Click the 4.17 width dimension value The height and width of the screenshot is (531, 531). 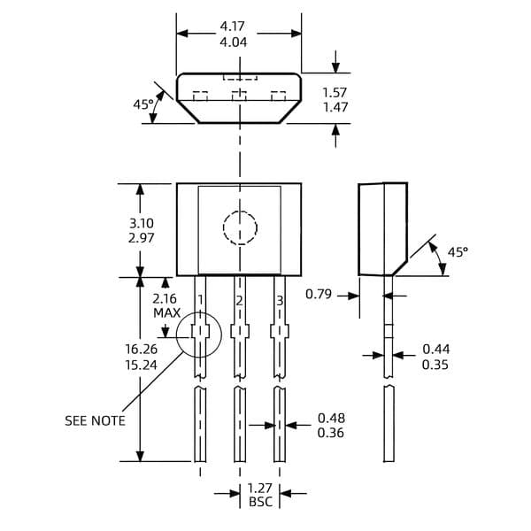pos(232,26)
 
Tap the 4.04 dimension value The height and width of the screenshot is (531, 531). pos(234,42)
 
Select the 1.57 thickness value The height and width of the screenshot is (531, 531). pos(335,92)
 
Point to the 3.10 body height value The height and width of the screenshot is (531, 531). pos(142,223)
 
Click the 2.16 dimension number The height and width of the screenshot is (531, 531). pos(165,299)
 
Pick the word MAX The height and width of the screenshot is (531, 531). pos(166,313)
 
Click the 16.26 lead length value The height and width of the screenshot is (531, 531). pos(142,349)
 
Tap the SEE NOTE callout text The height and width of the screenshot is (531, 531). pos(95,421)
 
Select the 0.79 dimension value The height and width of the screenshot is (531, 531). pos(319,294)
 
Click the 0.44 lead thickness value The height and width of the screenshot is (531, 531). pos(436,350)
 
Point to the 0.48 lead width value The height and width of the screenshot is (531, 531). pos(332,419)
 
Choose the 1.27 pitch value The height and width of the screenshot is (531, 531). pos(259,489)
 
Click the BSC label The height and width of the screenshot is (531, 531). pos(260,502)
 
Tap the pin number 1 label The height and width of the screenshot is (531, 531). pos(201,300)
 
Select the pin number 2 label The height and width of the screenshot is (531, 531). pos(240,301)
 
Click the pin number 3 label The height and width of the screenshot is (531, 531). pos(280,300)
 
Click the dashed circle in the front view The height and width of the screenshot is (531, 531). pos(240,212)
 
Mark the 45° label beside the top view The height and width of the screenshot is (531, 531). pos(143,104)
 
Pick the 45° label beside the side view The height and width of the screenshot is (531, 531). pos(458,252)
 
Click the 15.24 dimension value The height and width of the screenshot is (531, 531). pos(142,365)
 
